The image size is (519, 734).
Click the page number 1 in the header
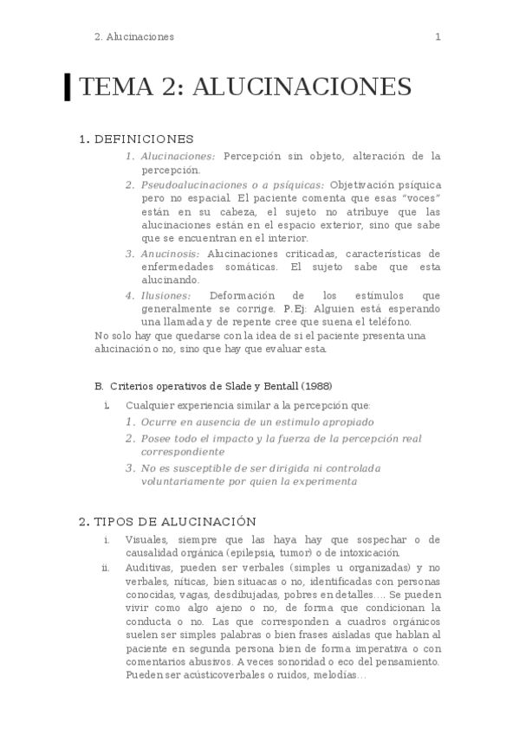point(438,36)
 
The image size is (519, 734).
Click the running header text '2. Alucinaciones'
point(133,36)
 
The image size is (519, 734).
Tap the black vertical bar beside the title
point(68,87)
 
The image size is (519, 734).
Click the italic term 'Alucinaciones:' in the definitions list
point(178,156)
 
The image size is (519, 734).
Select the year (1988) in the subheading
point(316,385)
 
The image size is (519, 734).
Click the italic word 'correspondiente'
point(183,452)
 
